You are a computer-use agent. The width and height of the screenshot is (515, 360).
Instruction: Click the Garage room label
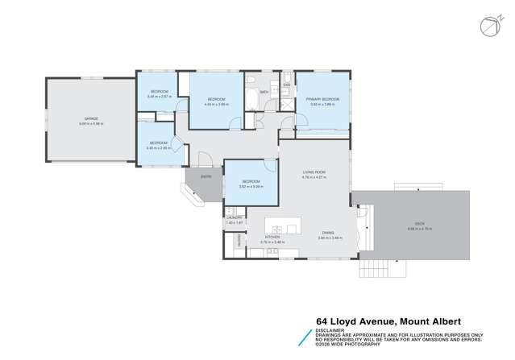click(89, 119)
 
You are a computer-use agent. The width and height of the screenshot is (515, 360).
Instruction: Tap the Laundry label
click(235, 217)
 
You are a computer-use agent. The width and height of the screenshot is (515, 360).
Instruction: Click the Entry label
click(206, 176)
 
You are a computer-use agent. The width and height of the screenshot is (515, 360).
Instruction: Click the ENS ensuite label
click(286, 85)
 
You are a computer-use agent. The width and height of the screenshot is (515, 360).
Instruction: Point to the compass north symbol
click(488, 26)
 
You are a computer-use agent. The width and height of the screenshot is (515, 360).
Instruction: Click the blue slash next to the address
click(305, 334)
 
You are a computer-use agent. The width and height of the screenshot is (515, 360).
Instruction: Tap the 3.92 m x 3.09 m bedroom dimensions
click(251, 187)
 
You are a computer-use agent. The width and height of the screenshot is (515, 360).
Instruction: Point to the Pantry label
click(239, 241)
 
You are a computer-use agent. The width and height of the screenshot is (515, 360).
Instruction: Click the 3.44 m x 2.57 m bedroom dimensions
click(159, 97)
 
